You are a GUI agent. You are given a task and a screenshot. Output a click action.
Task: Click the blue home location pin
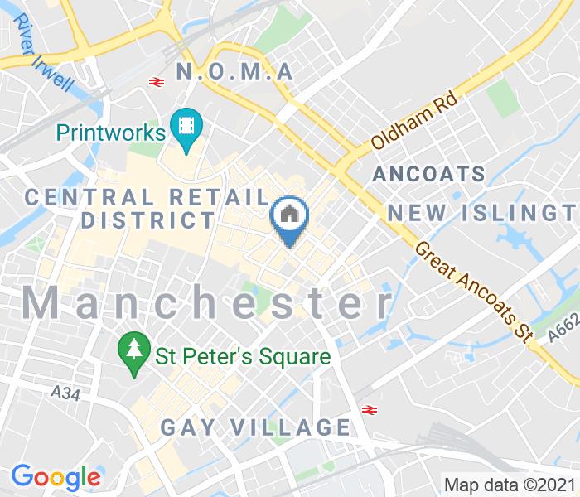click(290, 218)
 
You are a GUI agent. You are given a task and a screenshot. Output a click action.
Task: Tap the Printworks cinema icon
click(186, 129)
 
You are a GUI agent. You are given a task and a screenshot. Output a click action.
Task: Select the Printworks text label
click(110, 132)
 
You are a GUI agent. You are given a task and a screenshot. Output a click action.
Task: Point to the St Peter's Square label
click(244, 357)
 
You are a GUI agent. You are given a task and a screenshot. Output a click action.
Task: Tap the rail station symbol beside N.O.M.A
click(155, 81)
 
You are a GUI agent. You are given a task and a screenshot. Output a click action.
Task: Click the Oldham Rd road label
click(414, 124)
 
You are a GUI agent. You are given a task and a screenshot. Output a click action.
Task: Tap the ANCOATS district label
click(428, 174)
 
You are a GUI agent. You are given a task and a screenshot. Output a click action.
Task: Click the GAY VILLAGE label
click(255, 427)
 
